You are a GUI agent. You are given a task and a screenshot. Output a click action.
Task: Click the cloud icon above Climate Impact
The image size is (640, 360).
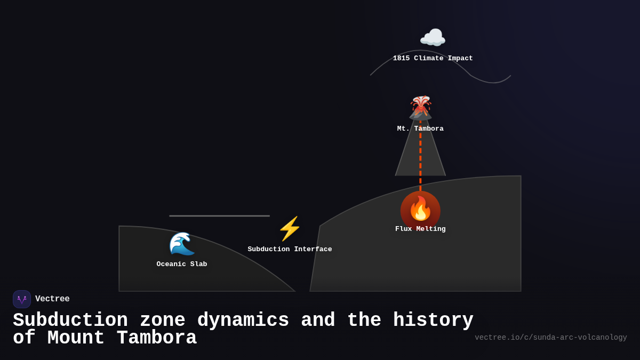[433, 38]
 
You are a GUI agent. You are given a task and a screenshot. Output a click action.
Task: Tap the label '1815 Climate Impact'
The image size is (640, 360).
[433, 59]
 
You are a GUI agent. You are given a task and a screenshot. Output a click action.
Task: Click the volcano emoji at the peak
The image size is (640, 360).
[420, 107]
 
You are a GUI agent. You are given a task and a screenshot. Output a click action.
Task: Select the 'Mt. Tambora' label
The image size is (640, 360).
[420, 129]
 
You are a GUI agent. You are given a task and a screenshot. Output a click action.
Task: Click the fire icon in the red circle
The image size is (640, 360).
[420, 209]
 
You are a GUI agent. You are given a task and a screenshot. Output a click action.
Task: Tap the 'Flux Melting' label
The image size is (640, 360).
[420, 229]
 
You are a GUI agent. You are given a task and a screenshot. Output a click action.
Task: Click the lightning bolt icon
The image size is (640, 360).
[290, 229]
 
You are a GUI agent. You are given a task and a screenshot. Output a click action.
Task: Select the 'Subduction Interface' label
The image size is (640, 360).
[290, 250]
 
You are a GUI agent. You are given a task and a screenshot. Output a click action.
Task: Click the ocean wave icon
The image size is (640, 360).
[182, 244]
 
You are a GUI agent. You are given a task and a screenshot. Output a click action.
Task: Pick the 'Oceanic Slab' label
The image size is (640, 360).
[182, 265]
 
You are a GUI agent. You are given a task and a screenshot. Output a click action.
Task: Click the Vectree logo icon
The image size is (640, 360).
[22, 299]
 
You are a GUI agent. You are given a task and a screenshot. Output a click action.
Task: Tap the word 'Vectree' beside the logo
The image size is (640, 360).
[52, 299]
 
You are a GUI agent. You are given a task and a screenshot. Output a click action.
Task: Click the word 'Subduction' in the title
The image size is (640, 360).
[70, 321]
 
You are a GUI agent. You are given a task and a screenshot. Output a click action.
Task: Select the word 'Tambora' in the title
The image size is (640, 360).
[157, 338]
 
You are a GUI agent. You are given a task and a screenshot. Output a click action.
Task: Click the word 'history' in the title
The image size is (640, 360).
[433, 321]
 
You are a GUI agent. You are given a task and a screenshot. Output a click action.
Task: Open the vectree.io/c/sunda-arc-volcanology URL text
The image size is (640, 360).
[550, 338]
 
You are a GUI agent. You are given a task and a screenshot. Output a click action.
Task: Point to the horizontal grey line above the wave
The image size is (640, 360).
[219, 216]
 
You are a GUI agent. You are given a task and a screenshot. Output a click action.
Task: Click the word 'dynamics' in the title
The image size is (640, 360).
[243, 321]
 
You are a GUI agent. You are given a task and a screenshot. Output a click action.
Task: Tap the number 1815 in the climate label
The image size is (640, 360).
[401, 59]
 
